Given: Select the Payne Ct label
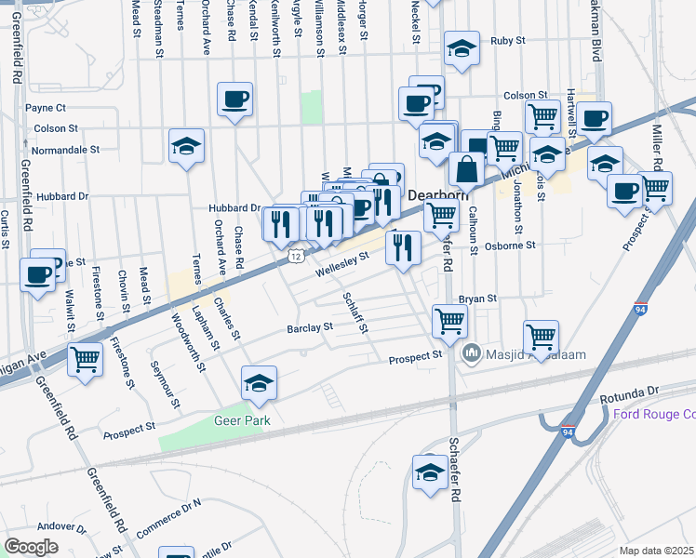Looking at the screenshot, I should [46, 108].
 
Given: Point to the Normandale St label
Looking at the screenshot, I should [66, 149].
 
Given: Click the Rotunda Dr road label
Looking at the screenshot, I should [629, 390].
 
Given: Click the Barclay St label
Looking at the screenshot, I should [310, 328].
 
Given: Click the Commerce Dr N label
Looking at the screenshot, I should [168, 518].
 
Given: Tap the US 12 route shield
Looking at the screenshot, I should [295, 254].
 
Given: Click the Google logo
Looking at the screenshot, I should [31, 547].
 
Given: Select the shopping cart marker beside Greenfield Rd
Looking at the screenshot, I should [85, 357].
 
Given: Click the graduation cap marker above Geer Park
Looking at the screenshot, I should [259, 381].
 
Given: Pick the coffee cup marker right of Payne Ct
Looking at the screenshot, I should [234, 98].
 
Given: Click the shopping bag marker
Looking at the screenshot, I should [465, 169].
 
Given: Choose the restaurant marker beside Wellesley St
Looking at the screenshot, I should [402, 246].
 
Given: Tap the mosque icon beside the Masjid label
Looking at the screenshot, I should [471, 353].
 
